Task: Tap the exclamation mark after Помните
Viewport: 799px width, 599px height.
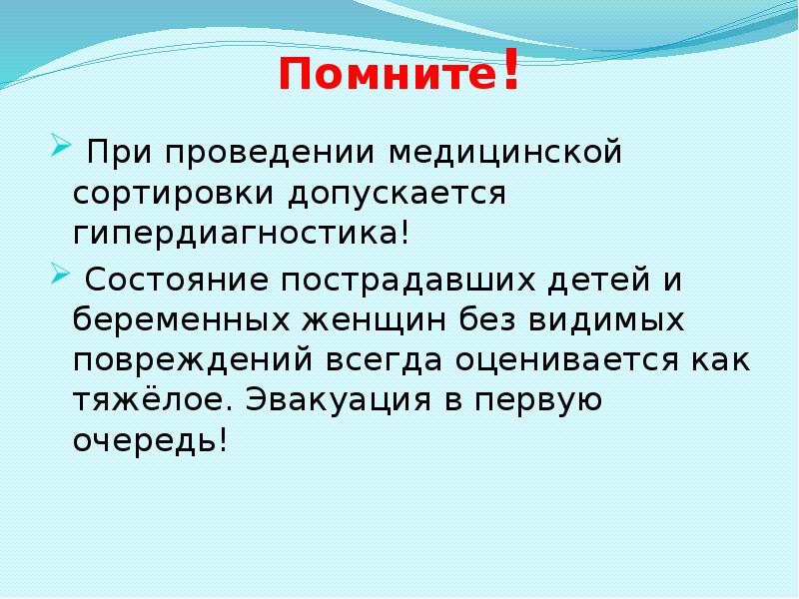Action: (x=510, y=72)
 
